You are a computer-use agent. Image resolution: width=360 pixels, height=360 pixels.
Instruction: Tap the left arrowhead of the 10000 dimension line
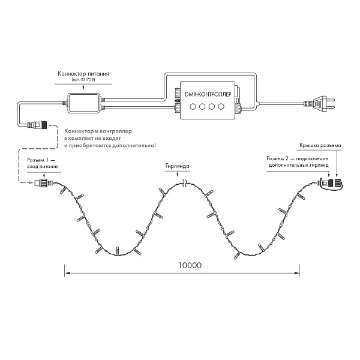[x=67, y=273]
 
